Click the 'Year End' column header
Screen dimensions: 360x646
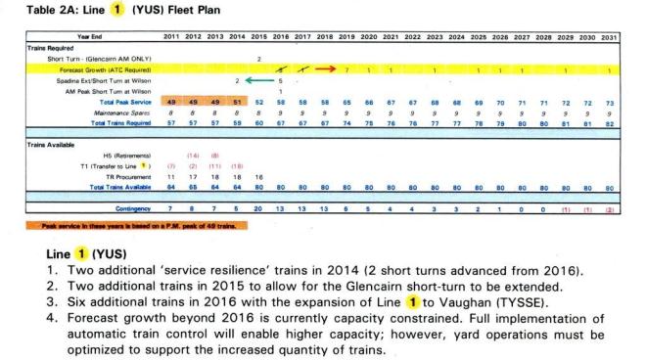click(x=89, y=36)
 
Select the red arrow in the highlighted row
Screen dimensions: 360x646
click(x=333, y=70)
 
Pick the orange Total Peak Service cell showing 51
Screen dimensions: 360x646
click(x=238, y=102)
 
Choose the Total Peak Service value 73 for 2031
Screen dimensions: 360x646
click(x=610, y=102)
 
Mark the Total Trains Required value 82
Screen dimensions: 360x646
click(x=610, y=122)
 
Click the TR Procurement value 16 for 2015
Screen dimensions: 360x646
click(x=259, y=176)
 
